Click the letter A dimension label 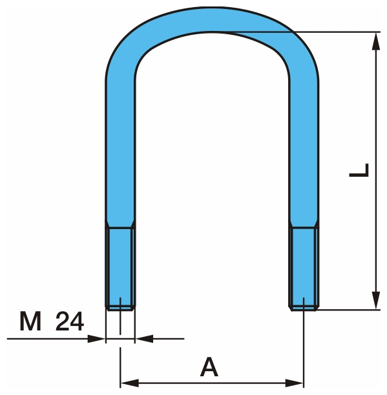(x=208, y=367)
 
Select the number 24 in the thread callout (x=70, y=321)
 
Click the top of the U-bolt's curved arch (x=211, y=22)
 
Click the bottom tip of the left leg (x=120, y=307)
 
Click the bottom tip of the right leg (x=303, y=307)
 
